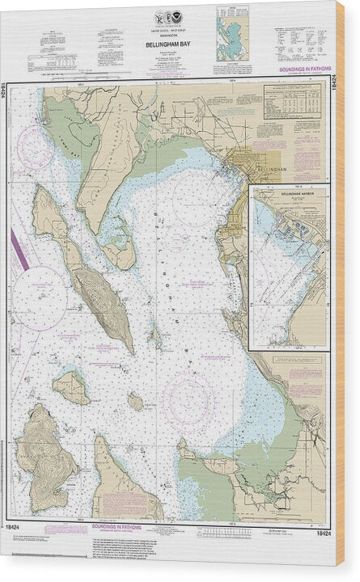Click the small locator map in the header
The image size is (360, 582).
click(x=232, y=34)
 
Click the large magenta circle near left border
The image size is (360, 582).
click(x=38, y=298)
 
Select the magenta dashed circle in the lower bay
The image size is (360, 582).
click(x=191, y=398)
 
